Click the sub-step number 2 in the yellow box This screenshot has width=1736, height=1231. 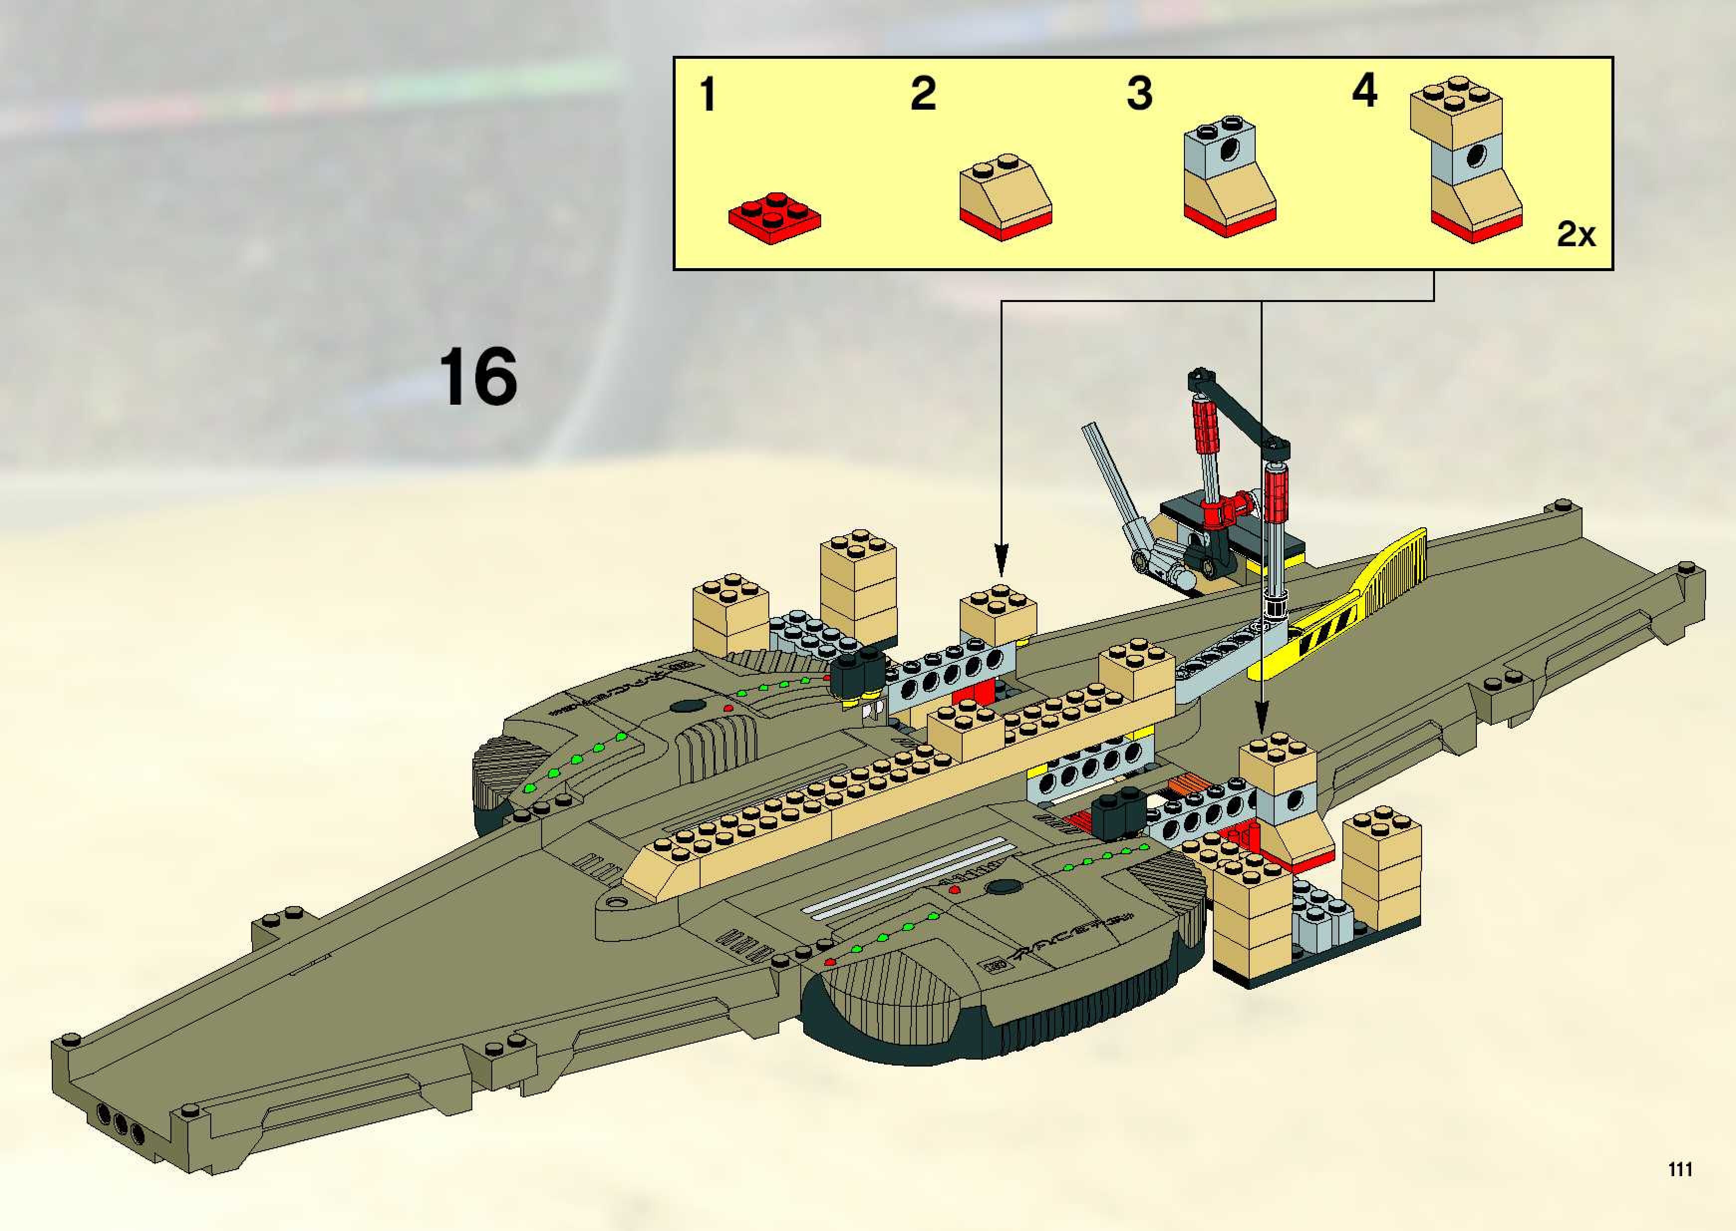point(923,94)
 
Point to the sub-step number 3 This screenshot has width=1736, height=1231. point(1139,94)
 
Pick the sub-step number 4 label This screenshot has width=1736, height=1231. point(1364,91)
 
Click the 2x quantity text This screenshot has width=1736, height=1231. point(1576,234)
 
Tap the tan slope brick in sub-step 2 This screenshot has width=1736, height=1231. point(1005,189)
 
